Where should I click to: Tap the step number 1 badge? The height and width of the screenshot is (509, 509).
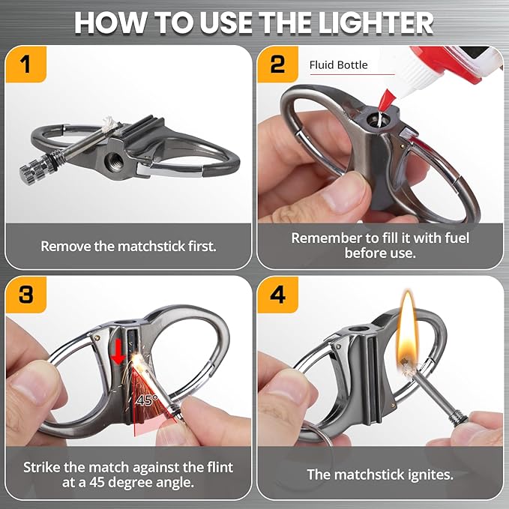27,64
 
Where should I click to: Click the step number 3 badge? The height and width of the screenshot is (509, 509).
27,295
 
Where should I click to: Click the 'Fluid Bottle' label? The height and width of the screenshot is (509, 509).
338,65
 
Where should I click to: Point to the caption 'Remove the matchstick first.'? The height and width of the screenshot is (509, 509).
128,246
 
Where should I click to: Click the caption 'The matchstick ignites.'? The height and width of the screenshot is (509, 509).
380,475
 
